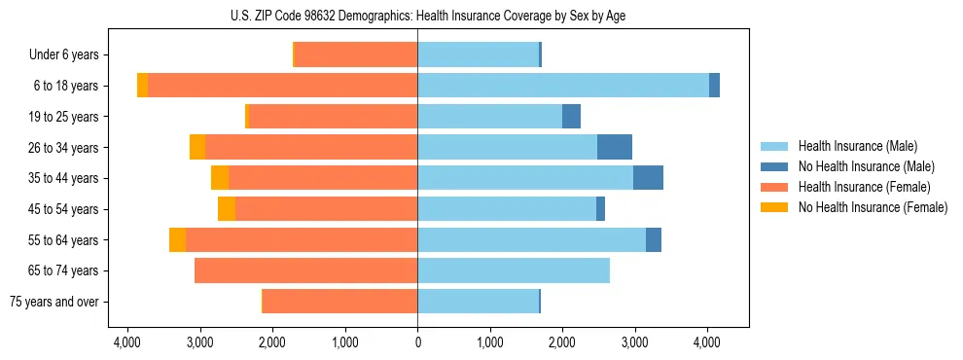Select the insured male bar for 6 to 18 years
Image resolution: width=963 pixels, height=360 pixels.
click(x=563, y=86)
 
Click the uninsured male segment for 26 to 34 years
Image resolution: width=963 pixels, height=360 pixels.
click(x=615, y=147)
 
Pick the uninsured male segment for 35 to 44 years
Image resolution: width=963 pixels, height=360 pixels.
click(x=648, y=178)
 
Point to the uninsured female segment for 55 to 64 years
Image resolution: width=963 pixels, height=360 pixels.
click(x=177, y=239)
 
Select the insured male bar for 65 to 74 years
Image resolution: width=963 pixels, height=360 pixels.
click(x=514, y=270)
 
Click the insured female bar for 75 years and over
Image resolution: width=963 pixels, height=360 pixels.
click(x=340, y=302)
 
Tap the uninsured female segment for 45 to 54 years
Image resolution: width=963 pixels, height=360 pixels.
click(x=227, y=209)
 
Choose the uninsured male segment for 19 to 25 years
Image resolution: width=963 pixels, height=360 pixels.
click(x=572, y=117)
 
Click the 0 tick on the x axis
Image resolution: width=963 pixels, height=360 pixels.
click(x=418, y=342)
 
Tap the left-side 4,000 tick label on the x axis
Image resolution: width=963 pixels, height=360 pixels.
click(x=128, y=342)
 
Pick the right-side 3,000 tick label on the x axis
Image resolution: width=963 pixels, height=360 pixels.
click(x=634, y=342)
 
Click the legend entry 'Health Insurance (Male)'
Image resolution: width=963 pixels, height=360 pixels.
click(x=857, y=146)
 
